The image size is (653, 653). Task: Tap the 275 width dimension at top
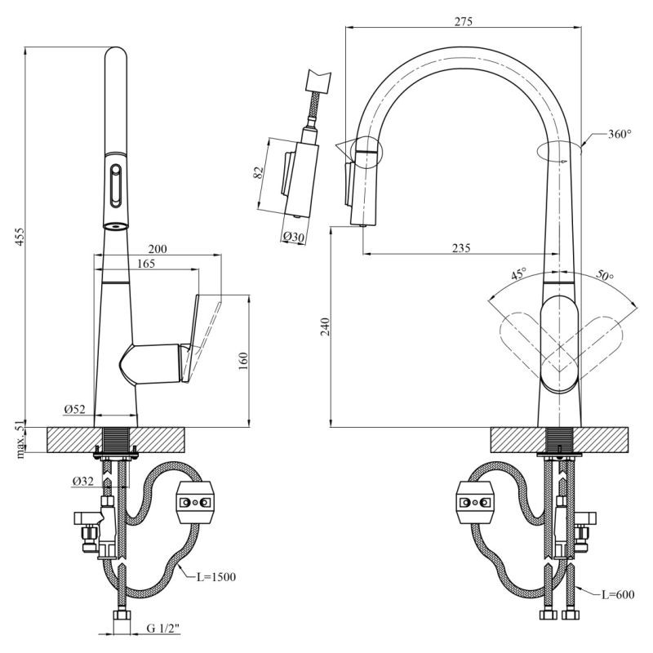[463, 22]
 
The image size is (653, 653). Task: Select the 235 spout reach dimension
[460, 248]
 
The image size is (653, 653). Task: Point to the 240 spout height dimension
[326, 327]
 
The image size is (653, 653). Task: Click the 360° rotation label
[620, 134]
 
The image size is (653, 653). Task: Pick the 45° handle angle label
[518, 275]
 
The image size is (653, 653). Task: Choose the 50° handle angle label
[604, 276]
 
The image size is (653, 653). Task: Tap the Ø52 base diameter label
[73, 408]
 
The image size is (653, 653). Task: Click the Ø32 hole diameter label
[82, 482]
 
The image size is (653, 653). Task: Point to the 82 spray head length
[258, 173]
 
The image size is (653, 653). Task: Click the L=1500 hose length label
[216, 577]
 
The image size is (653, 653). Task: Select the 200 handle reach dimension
[158, 249]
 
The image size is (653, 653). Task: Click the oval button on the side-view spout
[116, 185]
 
